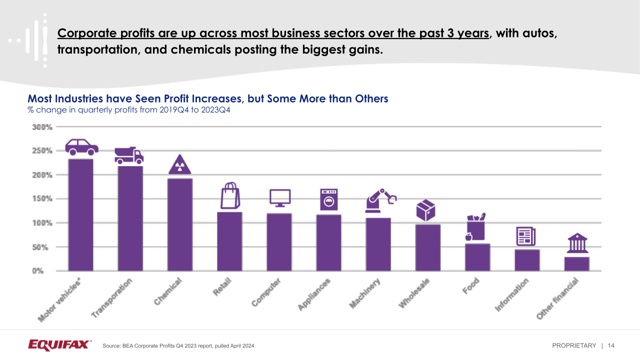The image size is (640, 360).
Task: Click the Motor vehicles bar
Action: point(80,214)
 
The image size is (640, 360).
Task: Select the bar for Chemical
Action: point(180,224)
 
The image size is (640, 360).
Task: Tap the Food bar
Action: point(477,257)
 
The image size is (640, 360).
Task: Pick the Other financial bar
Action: point(577,263)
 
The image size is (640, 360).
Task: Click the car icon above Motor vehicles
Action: point(81,147)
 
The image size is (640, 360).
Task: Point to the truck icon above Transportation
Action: point(129,155)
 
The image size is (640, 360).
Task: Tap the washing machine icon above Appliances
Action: point(329,199)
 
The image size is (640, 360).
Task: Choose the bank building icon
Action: point(577,243)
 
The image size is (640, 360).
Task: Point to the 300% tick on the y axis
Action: point(42,127)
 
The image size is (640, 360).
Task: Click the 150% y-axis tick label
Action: point(42,199)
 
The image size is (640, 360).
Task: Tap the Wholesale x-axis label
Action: point(414,294)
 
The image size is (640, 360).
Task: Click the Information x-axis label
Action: point(511,295)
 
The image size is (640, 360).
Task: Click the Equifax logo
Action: point(60,345)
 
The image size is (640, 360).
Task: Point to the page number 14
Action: point(611,345)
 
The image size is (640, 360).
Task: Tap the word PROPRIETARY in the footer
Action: point(574,345)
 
